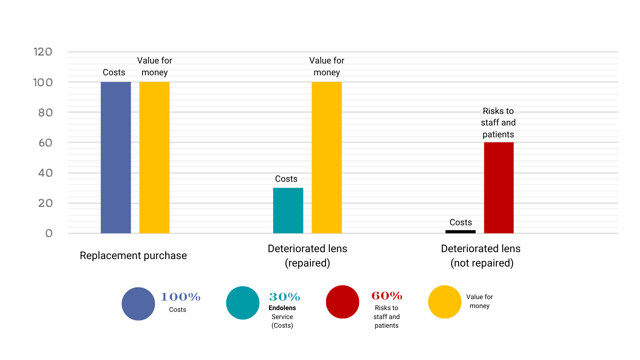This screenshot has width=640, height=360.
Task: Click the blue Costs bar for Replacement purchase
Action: coord(116,157)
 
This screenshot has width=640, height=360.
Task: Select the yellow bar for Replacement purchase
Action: coord(154,157)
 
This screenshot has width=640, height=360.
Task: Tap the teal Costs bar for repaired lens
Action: coord(288,210)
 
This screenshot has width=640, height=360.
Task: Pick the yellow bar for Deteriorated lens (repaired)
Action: coord(327,157)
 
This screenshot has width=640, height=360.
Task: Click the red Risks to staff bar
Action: coord(499,187)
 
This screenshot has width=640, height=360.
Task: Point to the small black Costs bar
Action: coord(460,232)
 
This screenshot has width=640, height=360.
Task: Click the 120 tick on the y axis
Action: coord(43,52)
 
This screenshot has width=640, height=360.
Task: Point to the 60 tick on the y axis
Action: coord(45,143)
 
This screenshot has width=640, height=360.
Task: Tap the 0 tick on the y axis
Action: coord(49,233)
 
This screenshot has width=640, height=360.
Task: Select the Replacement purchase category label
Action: coord(133,256)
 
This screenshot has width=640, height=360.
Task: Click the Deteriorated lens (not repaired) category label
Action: coord(481,256)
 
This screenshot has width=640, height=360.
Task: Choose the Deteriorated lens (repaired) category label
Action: coord(307,256)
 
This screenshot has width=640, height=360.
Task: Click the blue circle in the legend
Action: coord(138,304)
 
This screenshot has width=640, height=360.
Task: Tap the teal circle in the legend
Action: coord(243,303)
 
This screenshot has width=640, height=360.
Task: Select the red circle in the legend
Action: coord(342,302)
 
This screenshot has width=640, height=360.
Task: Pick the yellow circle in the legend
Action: coord(445,302)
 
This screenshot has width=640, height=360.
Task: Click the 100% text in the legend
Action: coord(180,297)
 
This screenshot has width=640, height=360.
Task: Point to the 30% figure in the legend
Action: coord(285,297)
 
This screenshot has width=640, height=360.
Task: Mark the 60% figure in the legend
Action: coord(387,296)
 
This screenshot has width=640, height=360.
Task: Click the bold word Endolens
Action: coord(282,308)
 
